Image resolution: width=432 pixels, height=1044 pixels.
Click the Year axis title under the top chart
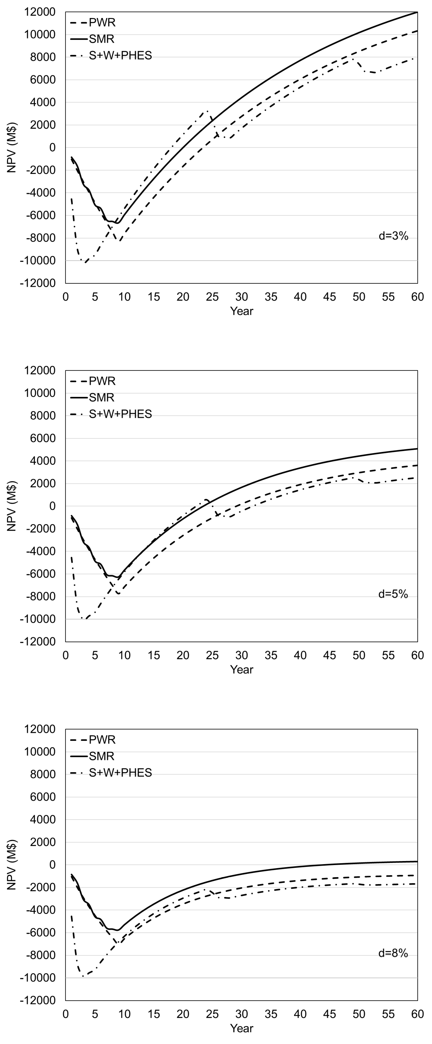click(x=242, y=311)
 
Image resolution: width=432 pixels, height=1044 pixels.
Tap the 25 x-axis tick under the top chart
click(x=212, y=297)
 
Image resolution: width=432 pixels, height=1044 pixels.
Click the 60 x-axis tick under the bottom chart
click(x=417, y=1014)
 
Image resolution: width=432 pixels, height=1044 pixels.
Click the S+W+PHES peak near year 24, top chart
click(x=207, y=110)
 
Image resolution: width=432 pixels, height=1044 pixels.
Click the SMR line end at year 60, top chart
click(x=417, y=12)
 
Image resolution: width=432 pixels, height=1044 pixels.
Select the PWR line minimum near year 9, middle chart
click(x=118, y=594)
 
